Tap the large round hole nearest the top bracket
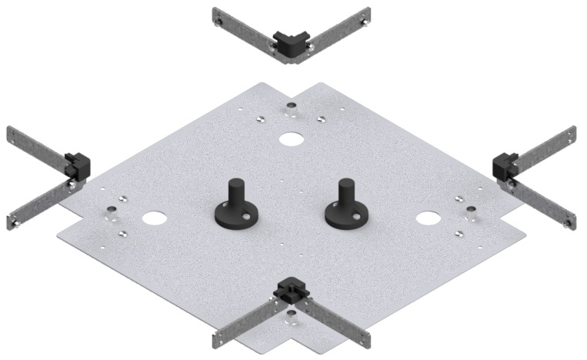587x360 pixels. point(291,139)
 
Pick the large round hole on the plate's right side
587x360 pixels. point(425,218)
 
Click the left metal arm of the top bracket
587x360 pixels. point(242,27)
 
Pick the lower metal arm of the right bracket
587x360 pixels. point(542,204)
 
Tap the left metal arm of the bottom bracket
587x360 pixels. point(245,324)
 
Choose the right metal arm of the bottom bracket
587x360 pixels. point(335,324)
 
